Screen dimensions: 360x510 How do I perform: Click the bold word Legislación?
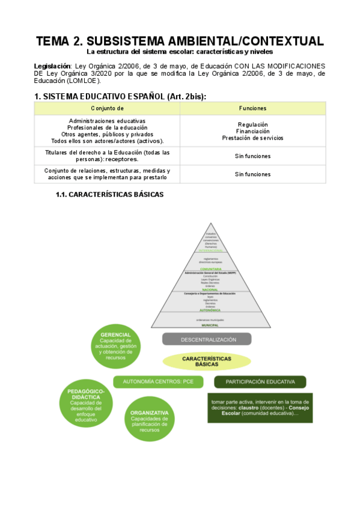[x=52, y=65]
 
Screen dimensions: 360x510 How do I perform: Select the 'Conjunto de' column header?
[x=107, y=108]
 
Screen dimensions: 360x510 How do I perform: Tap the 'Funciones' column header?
[x=252, y=108]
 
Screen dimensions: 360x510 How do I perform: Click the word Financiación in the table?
[x=252, y=131]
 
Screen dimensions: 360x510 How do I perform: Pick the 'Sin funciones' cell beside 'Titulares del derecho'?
[x=252, y=156]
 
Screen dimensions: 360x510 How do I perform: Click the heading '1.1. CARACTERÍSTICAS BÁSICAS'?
[x=109, y=195]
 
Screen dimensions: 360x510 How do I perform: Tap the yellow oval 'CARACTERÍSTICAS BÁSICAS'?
[x=206, y=361]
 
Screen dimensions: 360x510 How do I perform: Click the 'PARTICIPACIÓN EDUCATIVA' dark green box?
[x=260, y=381]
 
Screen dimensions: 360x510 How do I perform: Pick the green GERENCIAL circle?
[x=116, y=346]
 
